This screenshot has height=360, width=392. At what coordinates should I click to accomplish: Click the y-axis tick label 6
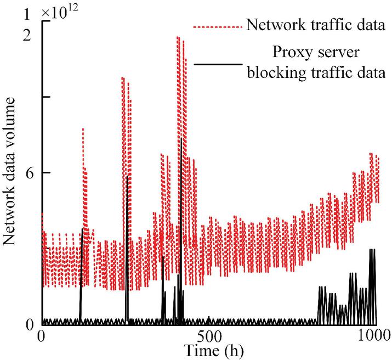click(x=30, y=172)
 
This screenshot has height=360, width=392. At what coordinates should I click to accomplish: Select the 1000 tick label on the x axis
click(x=374, y=335)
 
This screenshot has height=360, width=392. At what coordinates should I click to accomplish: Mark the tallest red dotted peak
click(x=178, y=37)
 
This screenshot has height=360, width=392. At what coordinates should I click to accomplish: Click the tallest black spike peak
click(x=181, y=139)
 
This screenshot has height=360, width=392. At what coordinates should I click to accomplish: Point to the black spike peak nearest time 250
click(x=127, y=176)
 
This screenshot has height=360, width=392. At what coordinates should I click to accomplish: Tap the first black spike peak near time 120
click(x=82, y=229)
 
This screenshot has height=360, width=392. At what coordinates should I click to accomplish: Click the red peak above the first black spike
click(x=83, y=128)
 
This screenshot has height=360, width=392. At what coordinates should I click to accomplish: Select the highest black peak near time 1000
click(x=372, y=250)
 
